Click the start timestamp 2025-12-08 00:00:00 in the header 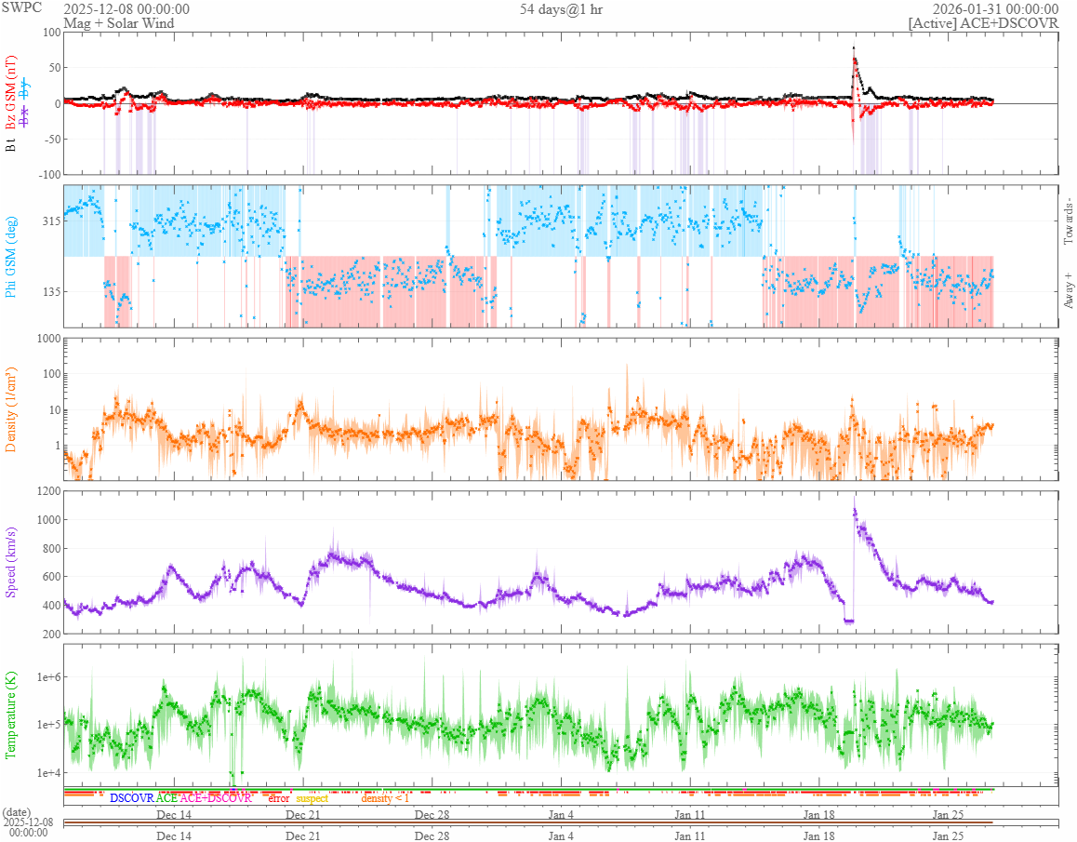click(x=126, y=9)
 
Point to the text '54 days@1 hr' click(x=561, y=9)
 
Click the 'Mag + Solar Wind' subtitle click(x=118, y=23)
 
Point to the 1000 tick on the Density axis click(x=46, y=339)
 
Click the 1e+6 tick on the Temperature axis click(x=44, y=676)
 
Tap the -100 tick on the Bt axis click(x=46, y=174)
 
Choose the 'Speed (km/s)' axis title click(x=12, y=562)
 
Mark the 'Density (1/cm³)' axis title click(x=12, y=409)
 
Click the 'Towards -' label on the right click(x=1069, y=221)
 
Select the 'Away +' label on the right click(x=1069, y=290)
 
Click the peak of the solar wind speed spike click(x=855, y=499)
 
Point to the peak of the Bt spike click(x=854, y=47)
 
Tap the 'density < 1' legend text click(x=385, y=798)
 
